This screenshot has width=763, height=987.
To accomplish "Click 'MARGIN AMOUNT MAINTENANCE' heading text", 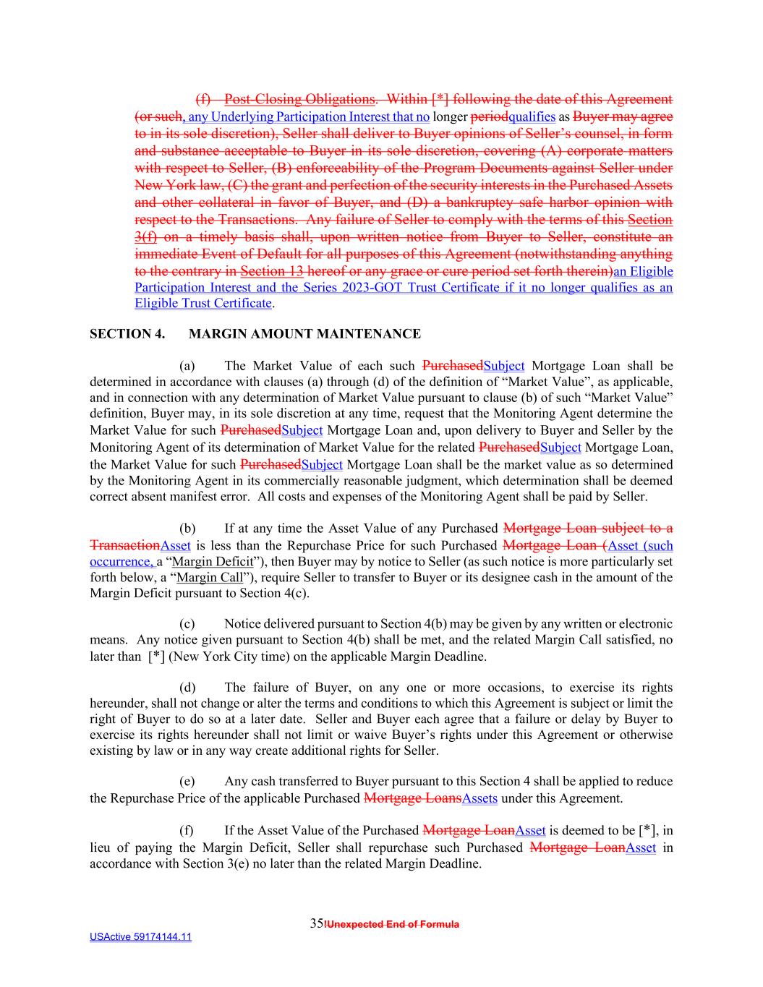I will (x=304, y=334).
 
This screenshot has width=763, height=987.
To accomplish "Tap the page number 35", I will (x=316, y=923).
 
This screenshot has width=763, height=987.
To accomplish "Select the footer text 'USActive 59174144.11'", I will (x=140, y=937).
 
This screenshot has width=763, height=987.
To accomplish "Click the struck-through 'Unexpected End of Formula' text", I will (x=393, y=924).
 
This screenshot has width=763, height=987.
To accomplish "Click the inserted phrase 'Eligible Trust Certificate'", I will (x=203, y=304).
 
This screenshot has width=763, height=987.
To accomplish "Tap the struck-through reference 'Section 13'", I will (x=271, y=272).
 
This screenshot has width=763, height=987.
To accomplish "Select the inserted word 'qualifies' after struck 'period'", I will (x=532, y=117).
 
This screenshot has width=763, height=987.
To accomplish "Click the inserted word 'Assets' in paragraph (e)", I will (x=479, y=799).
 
